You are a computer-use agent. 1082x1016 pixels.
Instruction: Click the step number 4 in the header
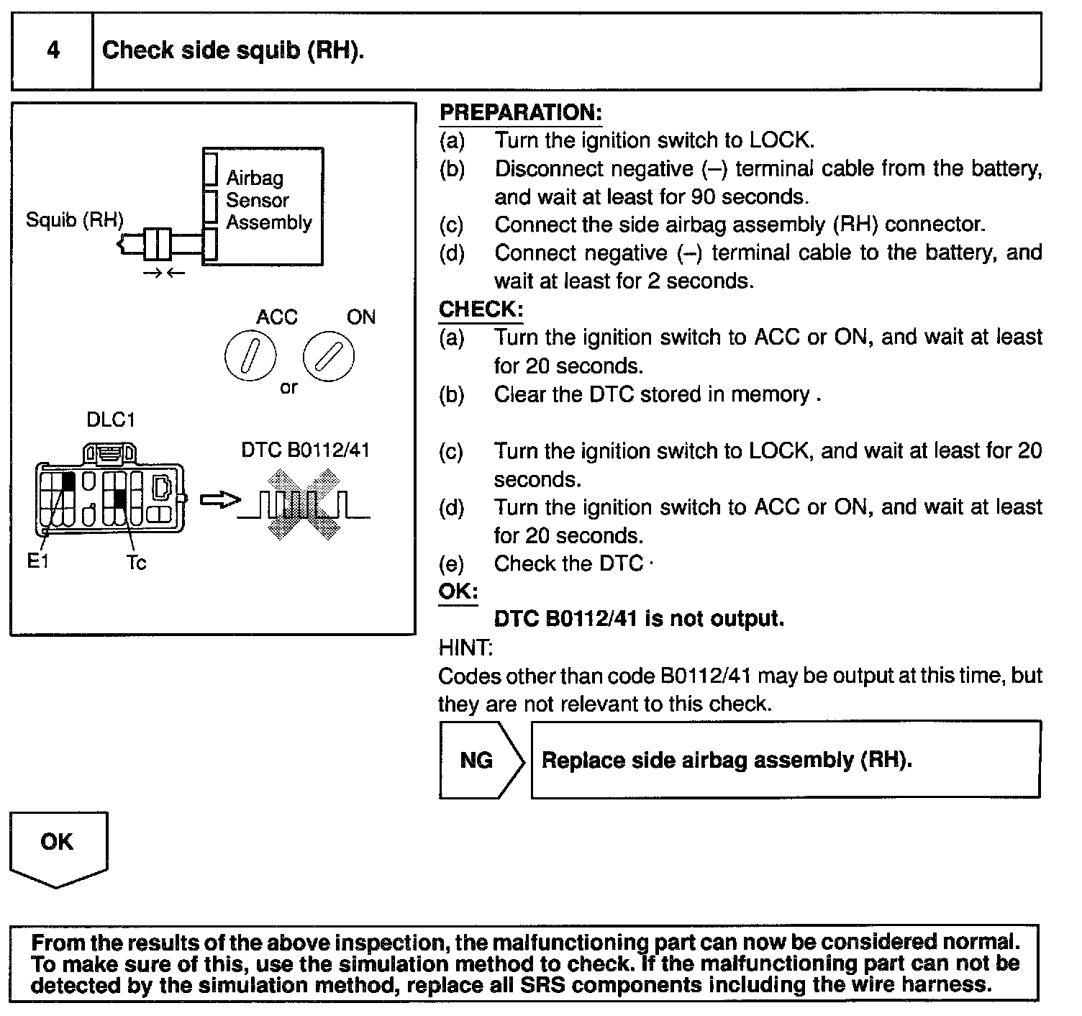coord(53,50)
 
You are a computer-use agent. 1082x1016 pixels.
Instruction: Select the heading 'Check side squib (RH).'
coord(233,50)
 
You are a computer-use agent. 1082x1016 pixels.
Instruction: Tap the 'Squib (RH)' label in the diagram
coord(74,219)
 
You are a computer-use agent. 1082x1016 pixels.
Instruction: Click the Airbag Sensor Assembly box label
coord(268,200)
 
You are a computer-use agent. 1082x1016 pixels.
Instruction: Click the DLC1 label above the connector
coord(110,419)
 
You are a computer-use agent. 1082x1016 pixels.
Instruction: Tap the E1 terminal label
coord(37,562)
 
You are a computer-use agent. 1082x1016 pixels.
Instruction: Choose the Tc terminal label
coord(135,563)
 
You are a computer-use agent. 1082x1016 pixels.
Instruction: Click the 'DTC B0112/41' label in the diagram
coord(306,450)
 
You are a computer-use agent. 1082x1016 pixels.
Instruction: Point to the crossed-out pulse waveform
coord(304,504)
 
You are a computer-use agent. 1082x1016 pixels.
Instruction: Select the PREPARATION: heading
coord(520,113)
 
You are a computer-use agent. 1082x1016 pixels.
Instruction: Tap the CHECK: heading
coord(481,309)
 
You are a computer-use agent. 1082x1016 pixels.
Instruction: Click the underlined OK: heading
coord(458,591)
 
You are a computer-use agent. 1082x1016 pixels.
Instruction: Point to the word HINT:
coord(465,648)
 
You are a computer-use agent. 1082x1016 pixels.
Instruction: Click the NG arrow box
coord(479,761)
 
